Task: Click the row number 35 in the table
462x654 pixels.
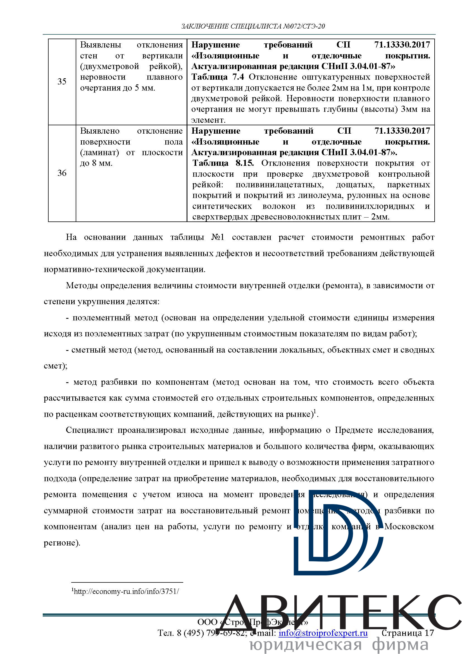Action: pyautogui.click(x=62, y=81)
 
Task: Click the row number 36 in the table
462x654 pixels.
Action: pyautogui.click(x=62, y=173)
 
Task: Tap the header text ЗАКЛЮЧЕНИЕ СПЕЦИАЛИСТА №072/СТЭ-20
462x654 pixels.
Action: pyautogui.click(x=253, y=27)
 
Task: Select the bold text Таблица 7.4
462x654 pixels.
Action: pyautogui.click(x=218, y=77)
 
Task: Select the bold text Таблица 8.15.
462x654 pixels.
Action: pyautogui.click(x=223, y=163)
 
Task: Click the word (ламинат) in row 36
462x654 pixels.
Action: pyautogui.click(x=99, y=152)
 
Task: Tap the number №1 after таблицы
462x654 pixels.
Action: pyautogui.click(x=218, y=237)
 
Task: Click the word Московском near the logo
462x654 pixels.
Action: pyautogui.click(x=409, y=526)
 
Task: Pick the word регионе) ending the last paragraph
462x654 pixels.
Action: pyautogui.click(x=62, y=543)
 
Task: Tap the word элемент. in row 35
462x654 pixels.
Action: pyautogui.click(x=208, y=120)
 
